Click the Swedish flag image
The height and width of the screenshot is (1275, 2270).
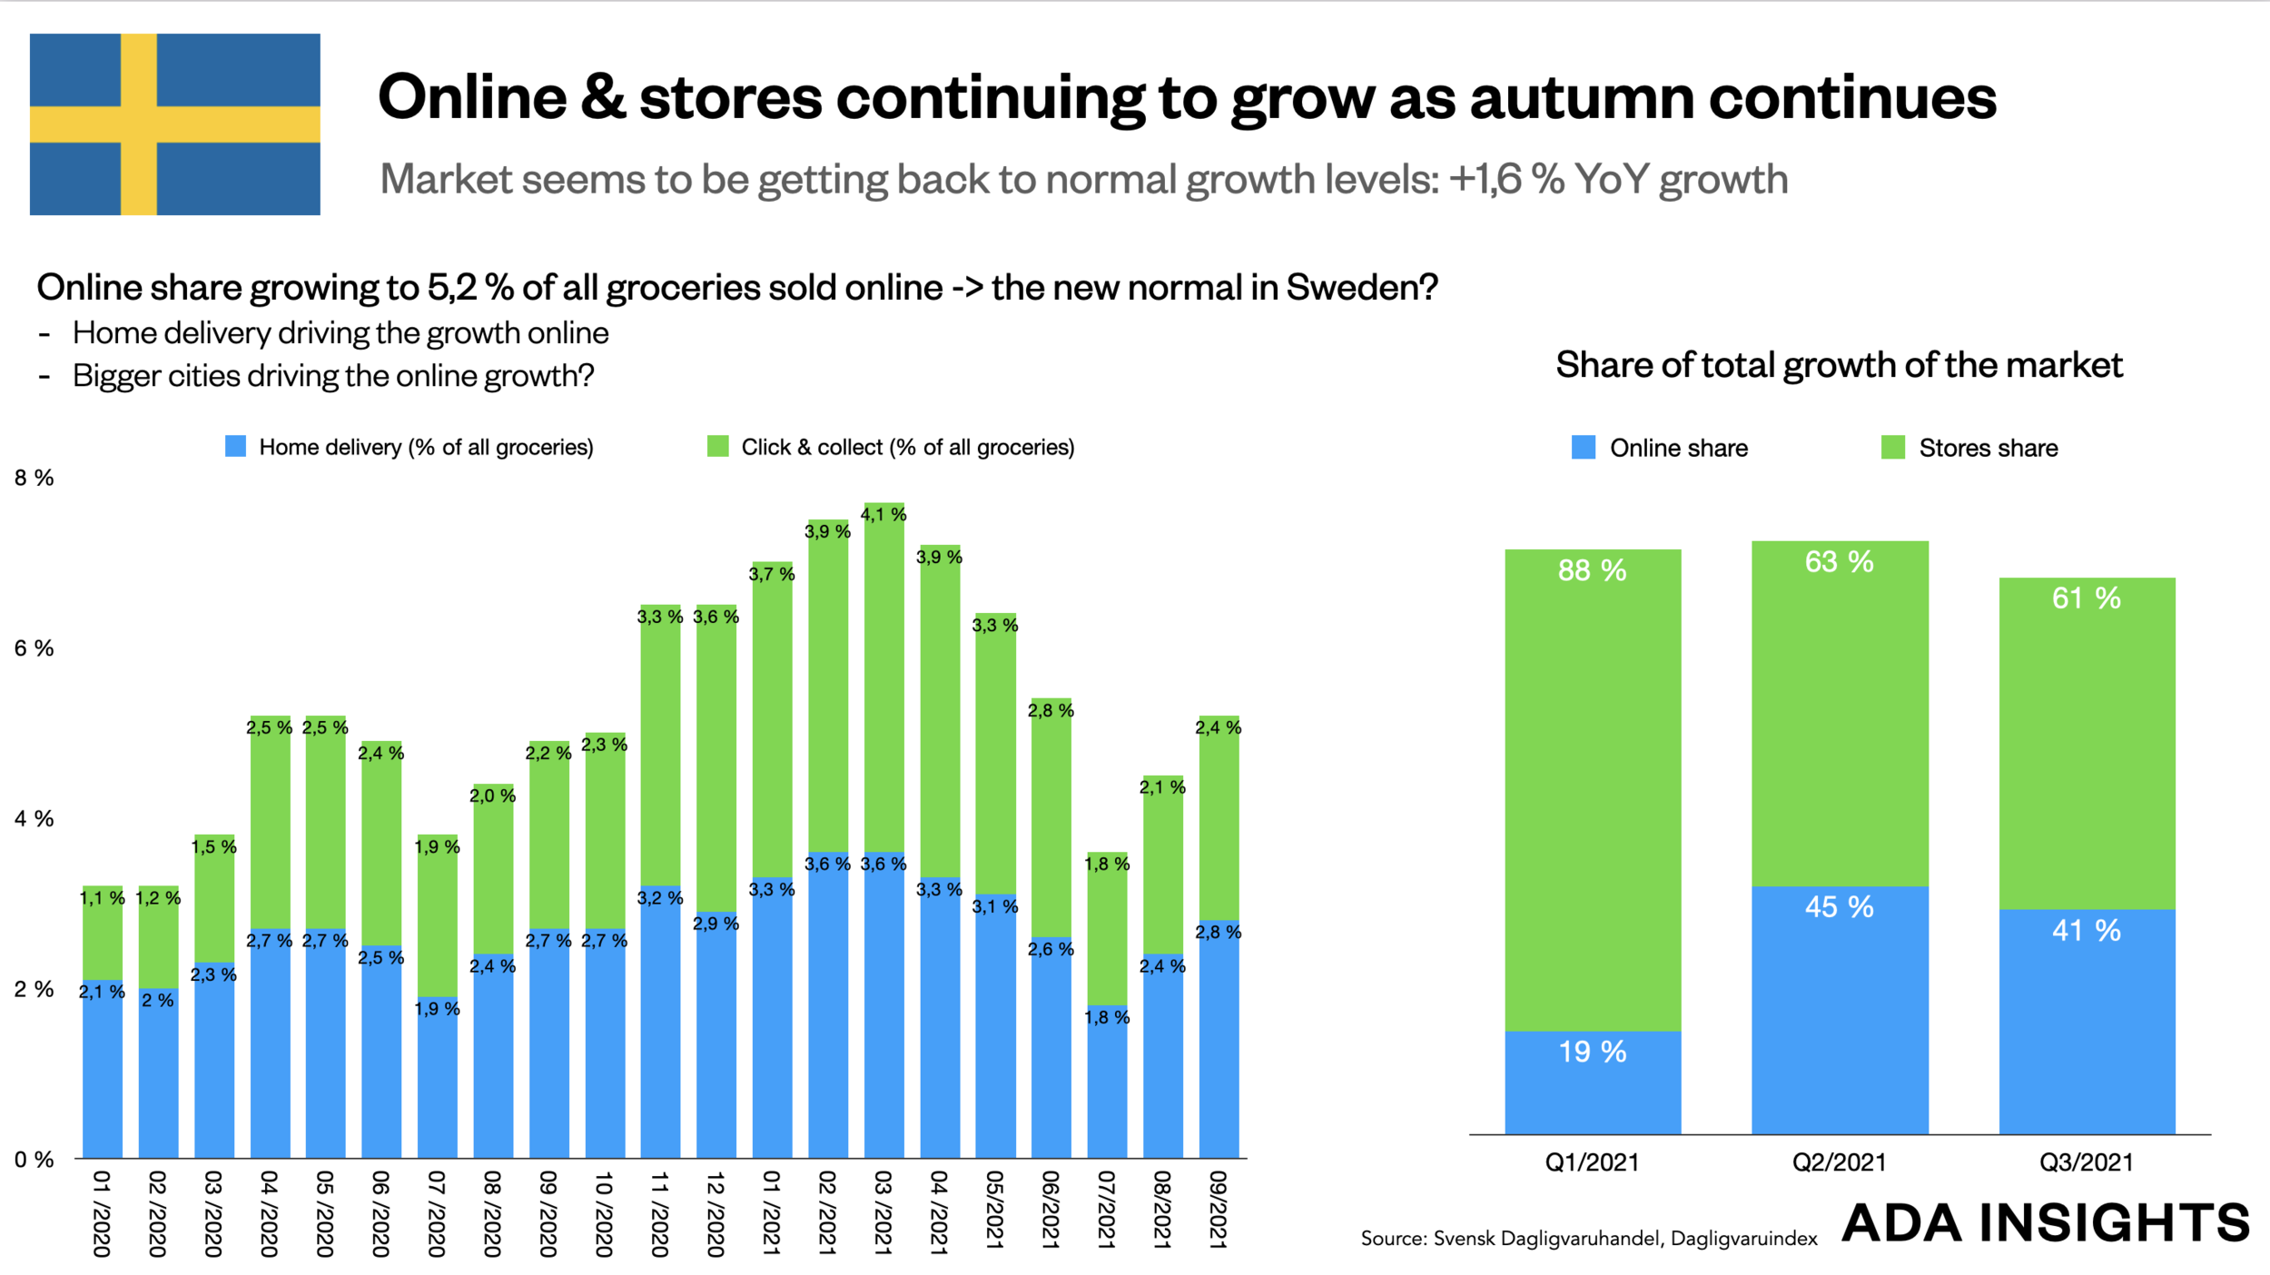[x=174, y=124]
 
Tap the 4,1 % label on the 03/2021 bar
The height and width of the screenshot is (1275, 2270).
[x=883, y=515]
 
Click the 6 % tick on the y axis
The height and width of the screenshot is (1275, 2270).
[x=35, y=648]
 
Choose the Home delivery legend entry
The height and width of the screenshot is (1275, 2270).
[x=410, y=447]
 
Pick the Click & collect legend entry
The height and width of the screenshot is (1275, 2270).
[x=891, y=447]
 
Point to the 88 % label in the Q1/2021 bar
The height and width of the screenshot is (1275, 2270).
[x=1592, y=570]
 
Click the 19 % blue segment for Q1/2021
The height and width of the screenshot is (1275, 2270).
[x=1593, y=1081]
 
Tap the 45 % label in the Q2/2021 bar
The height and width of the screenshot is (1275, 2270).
[x=1839, y=906]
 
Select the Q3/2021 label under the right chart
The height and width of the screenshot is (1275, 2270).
[x=2086, y=1162]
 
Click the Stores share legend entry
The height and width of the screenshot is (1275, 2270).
[x=1969, y=448]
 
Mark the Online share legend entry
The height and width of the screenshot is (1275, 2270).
[x=1660, y=448]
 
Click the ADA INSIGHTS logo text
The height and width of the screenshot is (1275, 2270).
[x=2046, y=1222]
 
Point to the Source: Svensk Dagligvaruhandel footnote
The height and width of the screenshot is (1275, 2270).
[x=1588, y=1239]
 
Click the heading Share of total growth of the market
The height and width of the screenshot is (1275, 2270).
[x=1839, y=365]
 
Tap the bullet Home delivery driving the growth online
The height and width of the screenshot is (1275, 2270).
[x=340, y=333]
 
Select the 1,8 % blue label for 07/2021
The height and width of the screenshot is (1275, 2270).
[x=1107, y=1017]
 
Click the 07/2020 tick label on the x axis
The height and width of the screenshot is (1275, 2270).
[x=437, y=1213]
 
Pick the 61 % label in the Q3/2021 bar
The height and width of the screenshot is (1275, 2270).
[x=2086, y=598]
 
